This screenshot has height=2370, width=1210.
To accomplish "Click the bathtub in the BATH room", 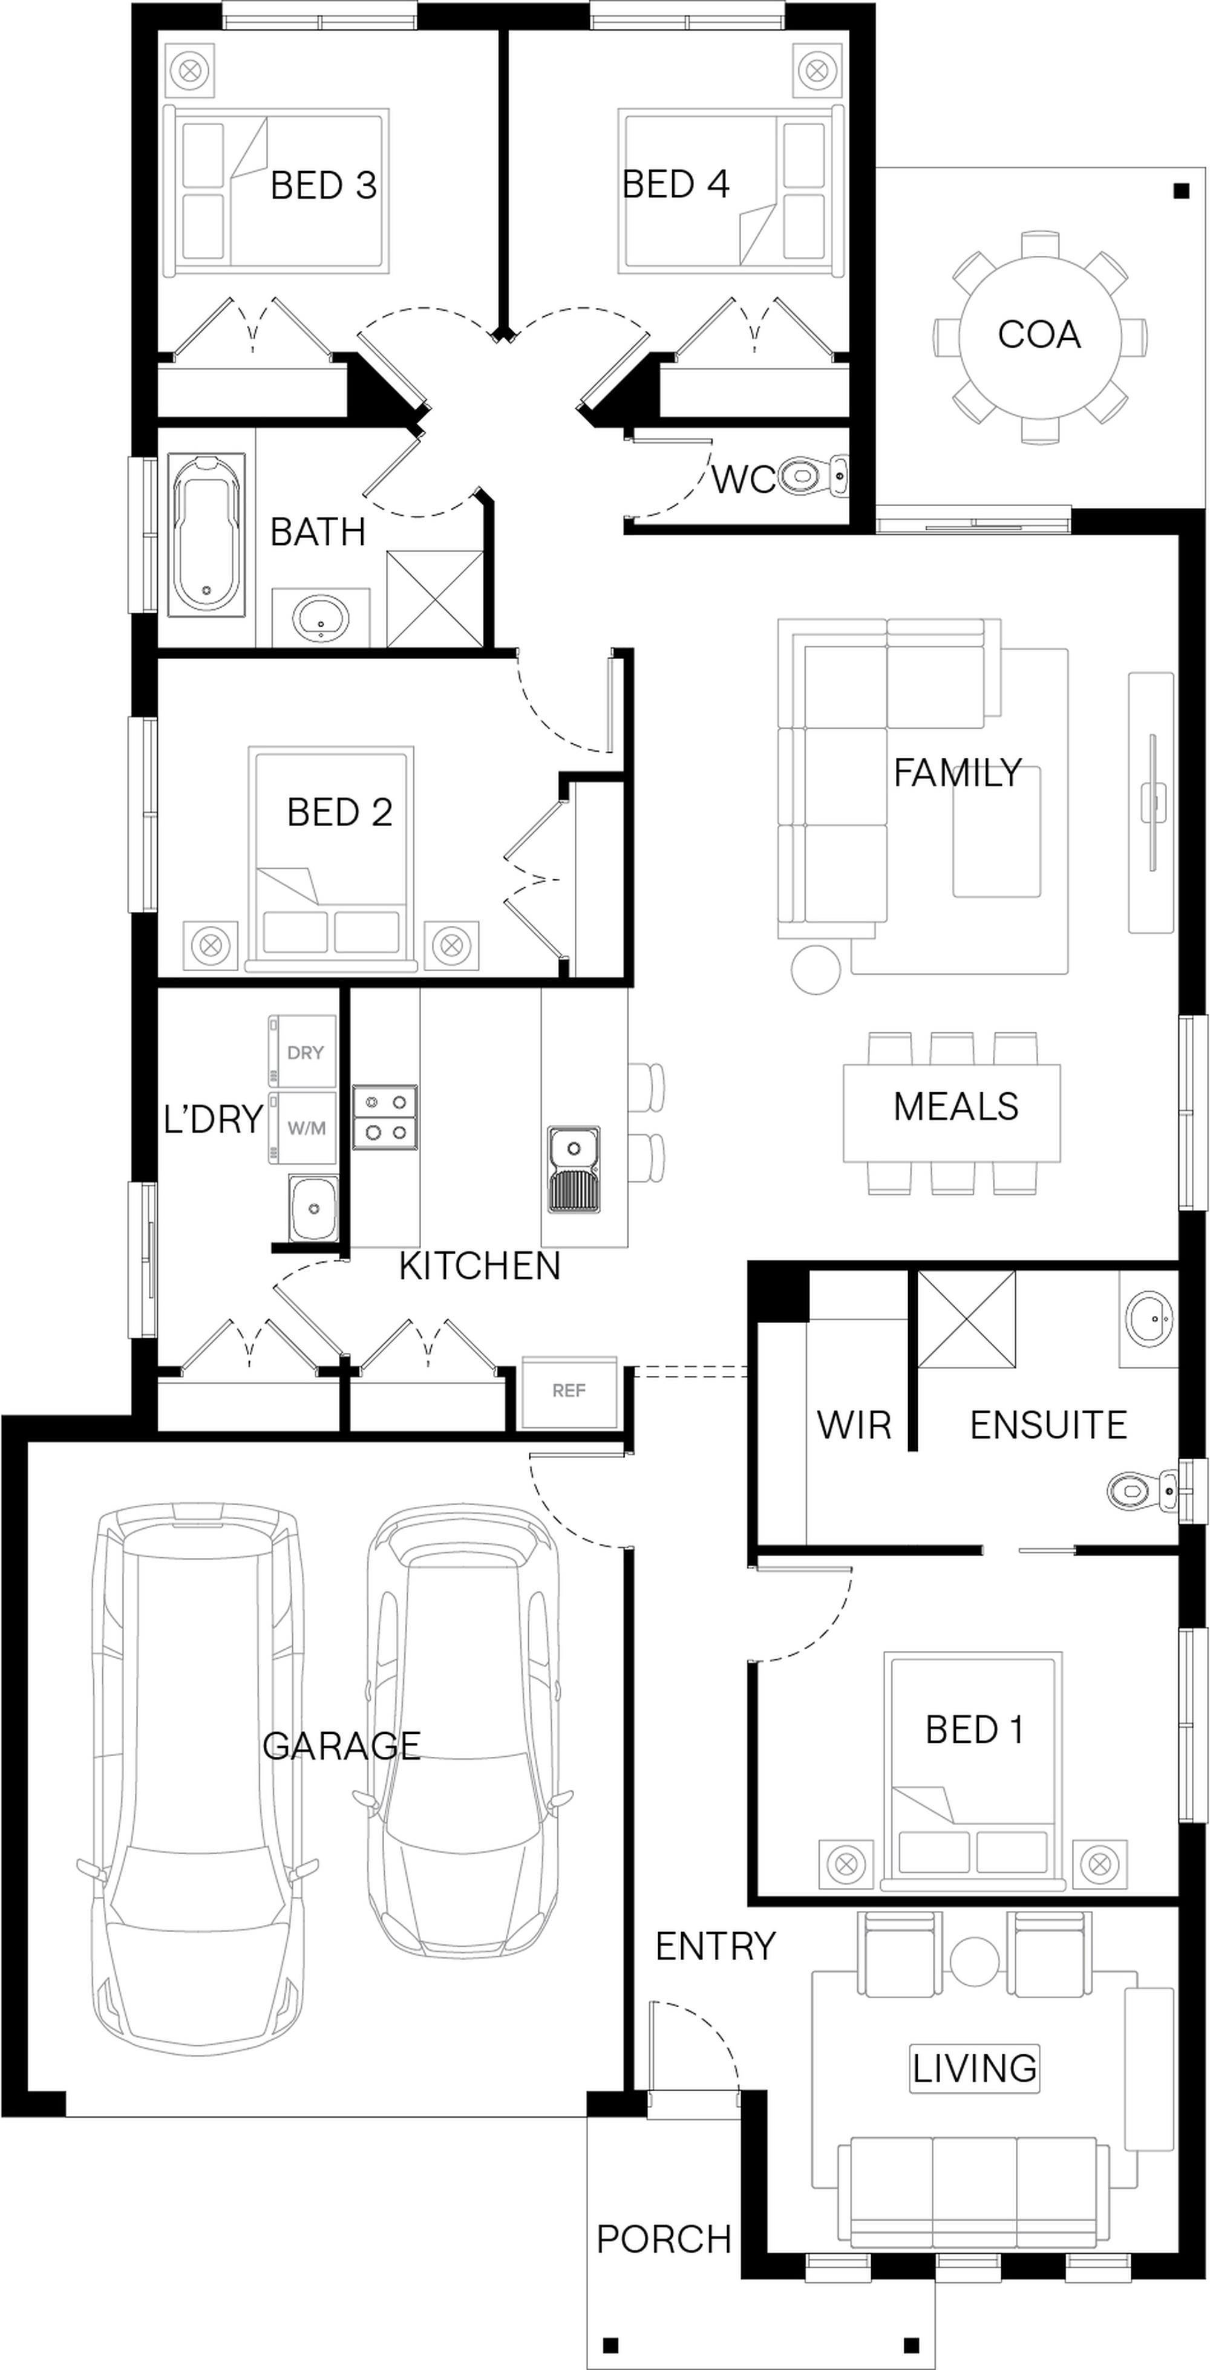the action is coord(207,533).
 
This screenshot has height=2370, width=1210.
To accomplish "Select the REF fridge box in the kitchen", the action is coord(569,1391).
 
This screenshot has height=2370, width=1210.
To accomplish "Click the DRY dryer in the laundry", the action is coord(302,1052).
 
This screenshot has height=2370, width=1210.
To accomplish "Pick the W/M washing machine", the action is coord(302,1128).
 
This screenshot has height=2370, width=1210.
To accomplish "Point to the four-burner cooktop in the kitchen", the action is coord(385,1118).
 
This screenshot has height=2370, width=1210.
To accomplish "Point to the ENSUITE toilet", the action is coord(1143,1487).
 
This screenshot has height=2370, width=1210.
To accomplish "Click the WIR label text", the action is coord(854,1425).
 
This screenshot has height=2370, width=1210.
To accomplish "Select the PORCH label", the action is coord(664,2239).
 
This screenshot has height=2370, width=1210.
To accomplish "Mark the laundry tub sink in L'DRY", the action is coord(313,1207).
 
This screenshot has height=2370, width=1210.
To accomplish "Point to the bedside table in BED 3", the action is coord(191,71).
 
